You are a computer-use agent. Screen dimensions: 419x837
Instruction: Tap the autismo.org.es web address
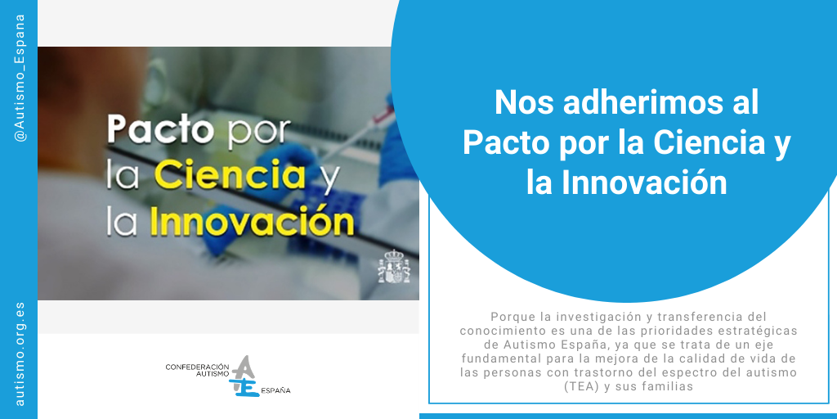point(20,352)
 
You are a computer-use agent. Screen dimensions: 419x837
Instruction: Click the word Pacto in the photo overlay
point(160,130)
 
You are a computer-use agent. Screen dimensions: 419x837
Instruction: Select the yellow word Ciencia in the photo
point(231,175)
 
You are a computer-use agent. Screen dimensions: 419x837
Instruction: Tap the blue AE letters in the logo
point(243,377)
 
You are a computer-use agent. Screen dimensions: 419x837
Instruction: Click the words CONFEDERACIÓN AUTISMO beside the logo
point(196,370)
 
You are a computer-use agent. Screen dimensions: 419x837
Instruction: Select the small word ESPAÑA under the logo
point(275,391)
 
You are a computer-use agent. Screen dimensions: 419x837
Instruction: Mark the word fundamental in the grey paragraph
point(506,358)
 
